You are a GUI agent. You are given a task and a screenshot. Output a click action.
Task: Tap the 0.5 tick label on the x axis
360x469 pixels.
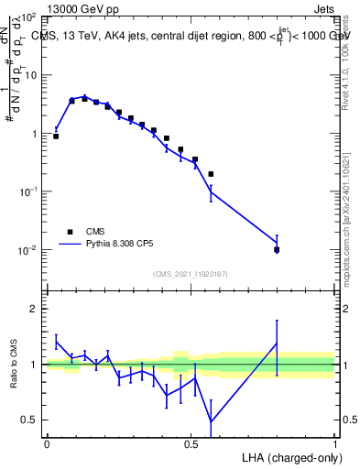click(x=191, y=443)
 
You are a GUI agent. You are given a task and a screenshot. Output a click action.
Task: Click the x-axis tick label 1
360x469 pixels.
click(x=335, y=443)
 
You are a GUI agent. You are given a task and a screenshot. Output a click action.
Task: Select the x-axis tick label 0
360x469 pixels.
click(x=47, y=443)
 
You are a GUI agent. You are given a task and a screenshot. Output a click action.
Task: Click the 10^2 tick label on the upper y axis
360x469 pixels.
click(x=28, y=17)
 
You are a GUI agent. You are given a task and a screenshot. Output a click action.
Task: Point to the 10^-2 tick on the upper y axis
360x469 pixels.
click(x=28, y=250)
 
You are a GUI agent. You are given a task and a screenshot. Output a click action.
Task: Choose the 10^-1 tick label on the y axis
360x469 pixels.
click(x=28, y=191)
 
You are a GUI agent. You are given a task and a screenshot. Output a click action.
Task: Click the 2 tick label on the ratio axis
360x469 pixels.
click(x=37, y=309)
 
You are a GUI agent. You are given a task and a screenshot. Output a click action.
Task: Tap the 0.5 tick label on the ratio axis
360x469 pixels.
click(x=32, y=420)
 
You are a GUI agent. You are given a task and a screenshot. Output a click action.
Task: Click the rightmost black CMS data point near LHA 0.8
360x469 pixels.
click(x=277, y=249)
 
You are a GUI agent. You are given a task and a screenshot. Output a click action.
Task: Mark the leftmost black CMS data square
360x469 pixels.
click(x=56, y=136)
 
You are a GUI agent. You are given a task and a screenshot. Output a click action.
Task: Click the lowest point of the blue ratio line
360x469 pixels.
click(x=212, y=421)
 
